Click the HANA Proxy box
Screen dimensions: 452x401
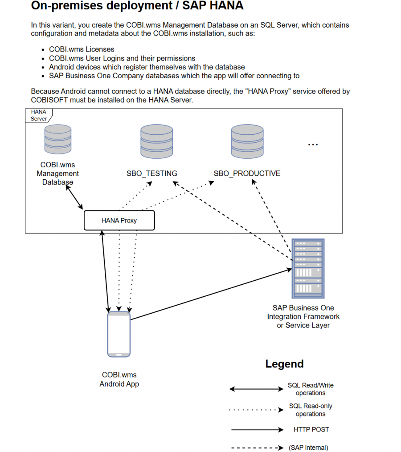119,220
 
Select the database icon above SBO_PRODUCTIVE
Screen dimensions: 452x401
247,141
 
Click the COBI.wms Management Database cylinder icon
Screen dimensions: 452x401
58,139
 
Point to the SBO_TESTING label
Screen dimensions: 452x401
152,174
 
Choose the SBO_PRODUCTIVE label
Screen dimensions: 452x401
247,174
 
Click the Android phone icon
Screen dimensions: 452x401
119,334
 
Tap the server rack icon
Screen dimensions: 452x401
307,268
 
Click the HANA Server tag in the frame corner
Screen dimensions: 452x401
38,115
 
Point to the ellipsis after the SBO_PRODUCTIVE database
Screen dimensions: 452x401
313,144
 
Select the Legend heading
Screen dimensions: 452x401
284,364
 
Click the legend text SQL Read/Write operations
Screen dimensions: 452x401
311,389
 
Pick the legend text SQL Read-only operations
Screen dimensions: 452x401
311,410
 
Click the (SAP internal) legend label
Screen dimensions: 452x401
308,448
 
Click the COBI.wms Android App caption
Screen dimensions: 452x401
119,379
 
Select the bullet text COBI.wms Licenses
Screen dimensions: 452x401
82,49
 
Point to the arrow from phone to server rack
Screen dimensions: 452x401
209,294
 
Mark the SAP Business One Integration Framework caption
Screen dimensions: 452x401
303,316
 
